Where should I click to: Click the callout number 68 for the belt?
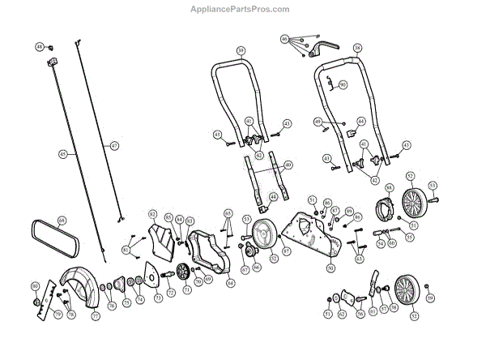62,220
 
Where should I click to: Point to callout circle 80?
35,287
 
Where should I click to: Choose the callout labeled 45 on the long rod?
62,153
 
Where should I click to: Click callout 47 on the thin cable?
114,145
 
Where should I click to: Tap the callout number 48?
39,48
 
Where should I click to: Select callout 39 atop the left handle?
241,50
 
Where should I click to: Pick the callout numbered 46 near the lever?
284,38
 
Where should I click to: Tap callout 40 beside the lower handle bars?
288,165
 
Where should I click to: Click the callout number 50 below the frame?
330,267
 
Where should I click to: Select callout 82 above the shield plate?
151,213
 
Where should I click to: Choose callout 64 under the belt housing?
231,283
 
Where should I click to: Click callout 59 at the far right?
430,298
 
